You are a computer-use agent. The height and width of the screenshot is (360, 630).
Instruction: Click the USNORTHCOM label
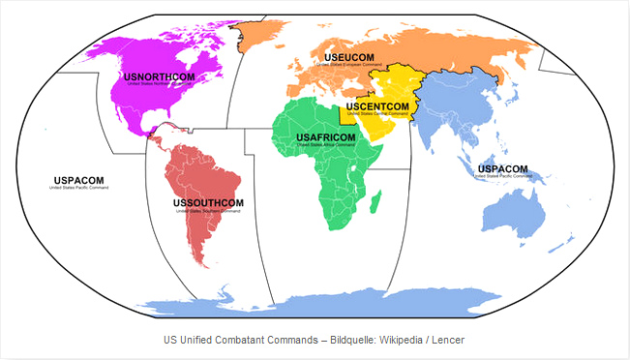click(x=159, y=75)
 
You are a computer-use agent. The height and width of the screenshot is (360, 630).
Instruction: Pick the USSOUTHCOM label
click(x=207, y=202)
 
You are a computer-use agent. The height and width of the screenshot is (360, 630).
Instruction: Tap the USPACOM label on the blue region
click(x=503, y=168)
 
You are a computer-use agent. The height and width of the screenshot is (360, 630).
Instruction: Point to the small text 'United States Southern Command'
click(x=207, y=210)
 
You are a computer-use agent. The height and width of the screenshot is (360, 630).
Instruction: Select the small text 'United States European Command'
click(x=348, y=68)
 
